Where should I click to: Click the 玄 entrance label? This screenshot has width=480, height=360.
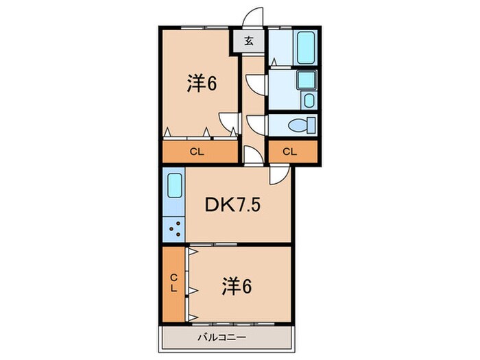[x=250, y=41]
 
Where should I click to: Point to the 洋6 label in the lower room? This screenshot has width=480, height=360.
[x=235, y=285]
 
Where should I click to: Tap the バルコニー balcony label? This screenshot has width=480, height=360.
[x=221, y=337]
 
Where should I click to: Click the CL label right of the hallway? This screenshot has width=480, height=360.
[x=290, y=152]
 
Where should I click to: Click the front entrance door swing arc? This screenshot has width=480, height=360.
[x=254, y=17]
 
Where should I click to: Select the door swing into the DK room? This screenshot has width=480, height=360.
[x=278, y=176]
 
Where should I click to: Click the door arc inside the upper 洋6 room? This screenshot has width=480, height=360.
[x=227, y=120]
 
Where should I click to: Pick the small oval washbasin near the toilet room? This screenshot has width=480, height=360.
[x=309, y=101]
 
